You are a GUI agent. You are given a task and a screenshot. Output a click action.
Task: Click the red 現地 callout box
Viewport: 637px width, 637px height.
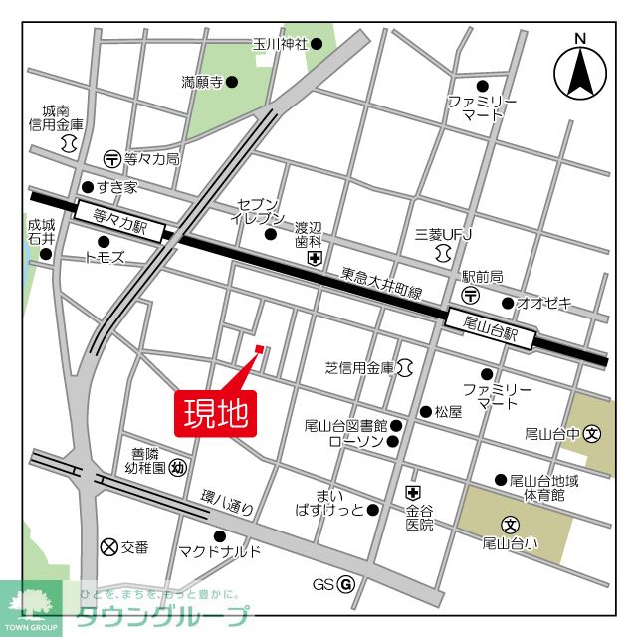tap(217, 411)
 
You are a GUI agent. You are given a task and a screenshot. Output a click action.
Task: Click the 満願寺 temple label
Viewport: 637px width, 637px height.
tap(203, 82)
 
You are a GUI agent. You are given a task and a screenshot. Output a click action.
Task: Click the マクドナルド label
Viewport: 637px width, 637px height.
tap(220, 552)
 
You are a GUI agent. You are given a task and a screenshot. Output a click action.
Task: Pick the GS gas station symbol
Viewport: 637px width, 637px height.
tap(346, 584)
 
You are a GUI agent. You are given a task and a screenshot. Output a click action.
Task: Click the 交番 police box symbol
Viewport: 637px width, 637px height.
tap(108, 545)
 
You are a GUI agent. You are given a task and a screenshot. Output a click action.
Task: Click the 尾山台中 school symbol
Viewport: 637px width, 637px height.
tap(592, 433)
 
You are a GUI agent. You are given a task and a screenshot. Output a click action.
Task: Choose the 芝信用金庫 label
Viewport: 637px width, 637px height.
tap(359, 368)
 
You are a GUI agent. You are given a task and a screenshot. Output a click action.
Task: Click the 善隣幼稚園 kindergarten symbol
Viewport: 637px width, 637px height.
tap(177, 466)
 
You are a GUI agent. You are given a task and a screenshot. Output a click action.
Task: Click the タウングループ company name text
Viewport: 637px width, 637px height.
tap(162, 617)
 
